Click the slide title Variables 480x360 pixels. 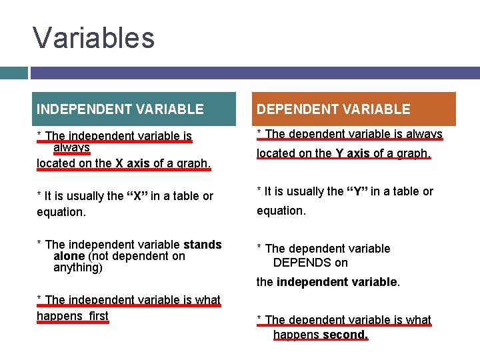pos(93,38)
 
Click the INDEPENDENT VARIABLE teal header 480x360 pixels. pos(120,109)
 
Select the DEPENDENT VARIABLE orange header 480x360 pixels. pos(334,109)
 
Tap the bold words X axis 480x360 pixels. pos(133,163)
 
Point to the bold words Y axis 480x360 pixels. pos(353,153)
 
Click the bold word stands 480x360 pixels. pos(202,245)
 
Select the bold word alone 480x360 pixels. pos(69,256)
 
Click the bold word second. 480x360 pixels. pos(345,335)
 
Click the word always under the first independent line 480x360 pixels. pos(71,147)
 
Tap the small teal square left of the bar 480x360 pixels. pos(13,73)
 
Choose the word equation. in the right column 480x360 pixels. pos(281,211)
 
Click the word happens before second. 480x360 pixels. pos(295,335)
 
